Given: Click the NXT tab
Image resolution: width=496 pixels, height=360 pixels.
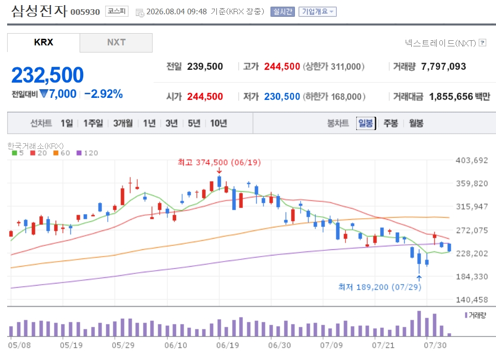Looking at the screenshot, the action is pyautogui.click(x=116, y=42).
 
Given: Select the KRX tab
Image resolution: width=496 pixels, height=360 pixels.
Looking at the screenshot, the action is pyautogui.click(x=44, y=42).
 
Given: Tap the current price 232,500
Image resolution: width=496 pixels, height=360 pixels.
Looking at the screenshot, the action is pyautogui.click(x=47, y=75).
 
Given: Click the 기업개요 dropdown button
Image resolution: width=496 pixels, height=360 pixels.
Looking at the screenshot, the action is pyautogui.click(x=317, y=12).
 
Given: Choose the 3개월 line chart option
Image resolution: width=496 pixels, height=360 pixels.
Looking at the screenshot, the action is pyautogui.click(x=123, y=123).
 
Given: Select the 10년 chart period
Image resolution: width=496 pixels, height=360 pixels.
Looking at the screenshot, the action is pyautogui.click(x=218, y=123).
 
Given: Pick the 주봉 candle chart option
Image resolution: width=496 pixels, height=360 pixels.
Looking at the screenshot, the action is pyautogui.click(x=391, y=123).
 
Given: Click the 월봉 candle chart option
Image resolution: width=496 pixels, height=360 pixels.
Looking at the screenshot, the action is pyautogui.click(x=416, y=123).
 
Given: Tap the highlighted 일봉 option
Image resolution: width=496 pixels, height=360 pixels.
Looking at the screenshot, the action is pyautogui.click(x=366, y=123).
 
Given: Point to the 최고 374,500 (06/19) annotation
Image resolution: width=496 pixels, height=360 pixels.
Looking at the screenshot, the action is pyautogui.click(x=219, y=163).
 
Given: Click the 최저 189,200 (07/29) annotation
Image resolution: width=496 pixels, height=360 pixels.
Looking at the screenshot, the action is pyautogui.click(x=380, y=287).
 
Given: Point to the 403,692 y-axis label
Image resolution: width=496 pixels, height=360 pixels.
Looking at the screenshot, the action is pyautogui.click(x=472, y=160).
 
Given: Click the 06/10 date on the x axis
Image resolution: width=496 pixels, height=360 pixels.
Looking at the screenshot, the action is pyautogui.click(x=176, y=345).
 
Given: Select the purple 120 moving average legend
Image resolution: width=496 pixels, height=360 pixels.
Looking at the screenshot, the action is pyautogui.click(x=87, y=153).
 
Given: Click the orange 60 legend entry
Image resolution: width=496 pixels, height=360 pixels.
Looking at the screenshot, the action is pyautogui.click(x=62, y=153).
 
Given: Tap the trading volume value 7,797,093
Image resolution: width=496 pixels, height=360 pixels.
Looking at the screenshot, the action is pyautogui.click(x=443, y=67).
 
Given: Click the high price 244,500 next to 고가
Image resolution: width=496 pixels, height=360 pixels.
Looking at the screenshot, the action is pyautogui.click(x=282, y=67).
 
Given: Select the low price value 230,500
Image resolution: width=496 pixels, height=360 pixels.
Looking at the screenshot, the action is pyautogui.click(x=282, y=96).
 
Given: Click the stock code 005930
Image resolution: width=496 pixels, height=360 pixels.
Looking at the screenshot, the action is pyautogui.click(x=85, y=12).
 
